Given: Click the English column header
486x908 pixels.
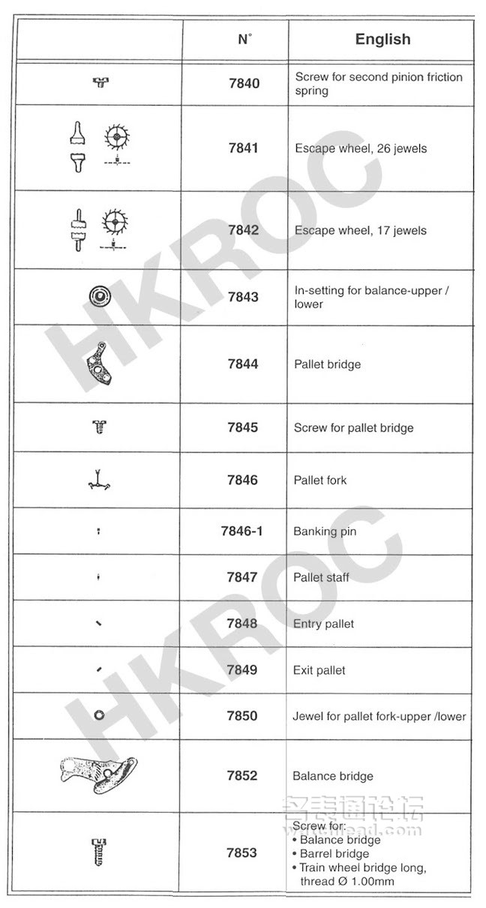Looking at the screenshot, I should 382,40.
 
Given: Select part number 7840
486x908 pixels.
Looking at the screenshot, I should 244,83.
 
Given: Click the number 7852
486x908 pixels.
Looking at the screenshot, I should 242,775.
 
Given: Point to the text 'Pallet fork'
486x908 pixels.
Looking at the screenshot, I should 320,480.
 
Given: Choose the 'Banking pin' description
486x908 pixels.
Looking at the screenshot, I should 325,532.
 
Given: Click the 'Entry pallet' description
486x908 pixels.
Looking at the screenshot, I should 323,624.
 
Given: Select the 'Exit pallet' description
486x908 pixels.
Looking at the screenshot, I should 319,670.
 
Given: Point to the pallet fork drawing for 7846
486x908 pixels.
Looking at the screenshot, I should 99,480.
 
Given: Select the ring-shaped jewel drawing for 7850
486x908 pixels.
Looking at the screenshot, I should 99,716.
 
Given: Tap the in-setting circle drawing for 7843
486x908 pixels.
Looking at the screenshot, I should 99,296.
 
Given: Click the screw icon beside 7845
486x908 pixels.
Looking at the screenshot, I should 99,427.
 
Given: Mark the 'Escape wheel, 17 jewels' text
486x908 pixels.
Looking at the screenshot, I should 360,231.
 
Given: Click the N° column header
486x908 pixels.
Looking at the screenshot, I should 244,40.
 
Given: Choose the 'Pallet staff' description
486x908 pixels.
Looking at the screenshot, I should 322,577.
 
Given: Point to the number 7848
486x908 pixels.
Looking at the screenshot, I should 242,624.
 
